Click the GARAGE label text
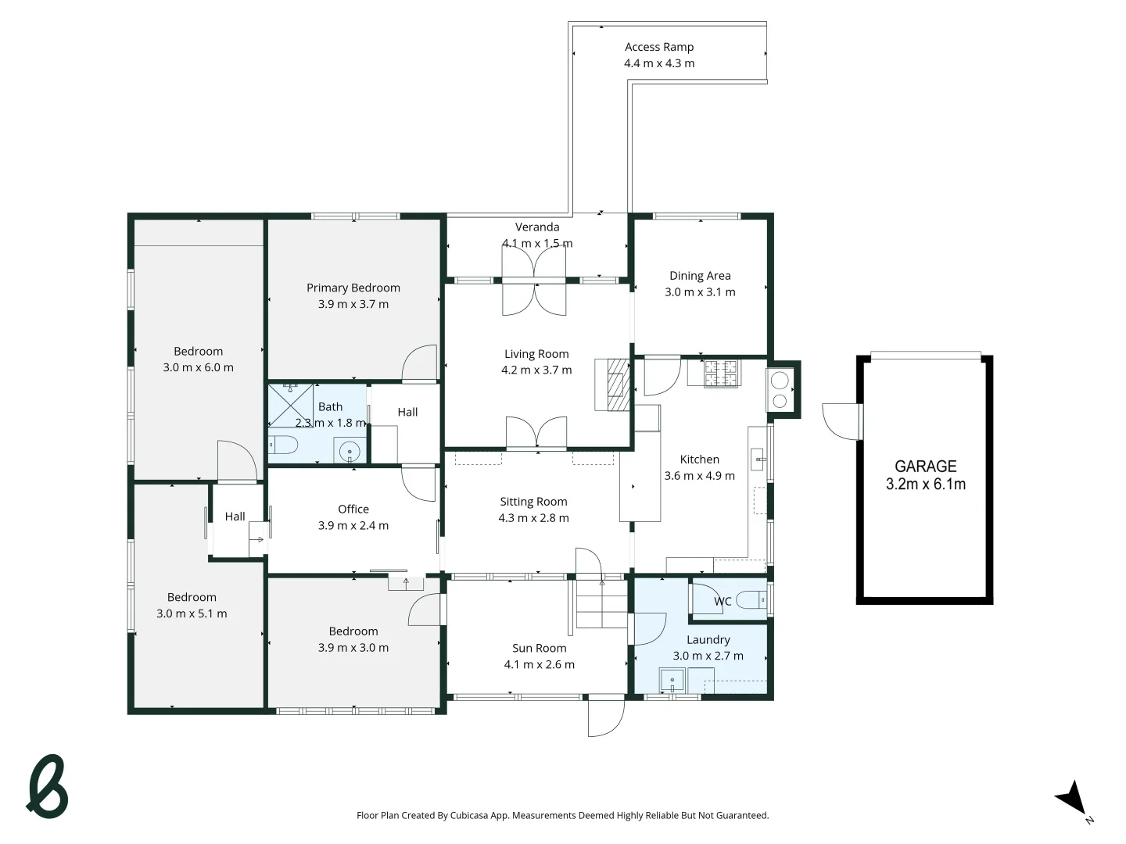[925, 467]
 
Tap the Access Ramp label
[659, 47]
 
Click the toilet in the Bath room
[284, 445]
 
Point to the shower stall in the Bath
[291, 406]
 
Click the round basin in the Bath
[350, 451]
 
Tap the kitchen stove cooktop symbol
[721, 373]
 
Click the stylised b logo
[48, 787]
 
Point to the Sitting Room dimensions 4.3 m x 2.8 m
[533, 518]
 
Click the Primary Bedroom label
[353, 288]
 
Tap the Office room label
[353, 509]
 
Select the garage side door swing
[841, 420]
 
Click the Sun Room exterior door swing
[607, 717]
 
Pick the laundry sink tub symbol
[672, 681]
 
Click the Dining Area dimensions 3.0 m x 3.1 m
[700, 292]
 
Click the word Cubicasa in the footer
[469, 815]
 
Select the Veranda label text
[537, 227]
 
